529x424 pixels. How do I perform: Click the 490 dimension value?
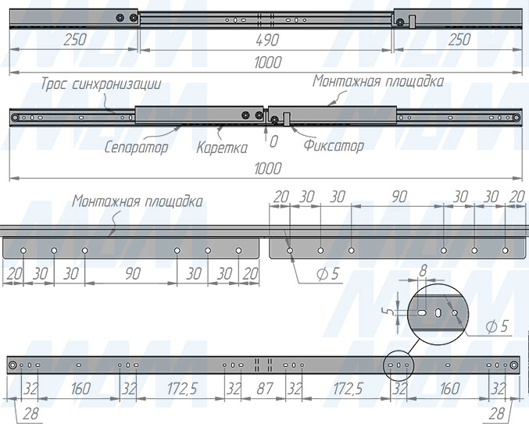[267, 41]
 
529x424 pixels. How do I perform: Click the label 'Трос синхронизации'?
[101, 84]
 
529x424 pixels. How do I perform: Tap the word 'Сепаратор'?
[136, 148]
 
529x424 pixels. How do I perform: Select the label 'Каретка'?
[222, 148]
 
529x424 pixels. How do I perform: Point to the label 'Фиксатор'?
[334, 145]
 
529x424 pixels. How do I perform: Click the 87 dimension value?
[264, 389]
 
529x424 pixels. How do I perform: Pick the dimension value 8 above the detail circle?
[423, 271]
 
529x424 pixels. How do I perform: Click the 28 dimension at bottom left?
[30, 413]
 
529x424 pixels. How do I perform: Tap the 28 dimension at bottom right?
[497, 413]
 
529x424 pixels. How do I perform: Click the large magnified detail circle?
[438, 314]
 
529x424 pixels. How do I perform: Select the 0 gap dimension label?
[273, 141]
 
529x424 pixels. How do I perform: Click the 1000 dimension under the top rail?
[267, 62]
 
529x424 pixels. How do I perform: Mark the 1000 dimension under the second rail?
[267, 169]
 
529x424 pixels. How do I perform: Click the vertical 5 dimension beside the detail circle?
[391, 312]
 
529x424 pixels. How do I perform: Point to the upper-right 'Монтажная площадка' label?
[378, 81]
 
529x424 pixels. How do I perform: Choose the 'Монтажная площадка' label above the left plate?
[138, 201]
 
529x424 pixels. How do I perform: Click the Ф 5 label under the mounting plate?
[327, 274]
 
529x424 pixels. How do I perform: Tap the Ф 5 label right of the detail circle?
[497, 326]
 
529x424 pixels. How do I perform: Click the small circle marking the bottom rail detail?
[399, 365]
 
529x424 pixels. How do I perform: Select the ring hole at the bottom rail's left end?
[13, 365]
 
